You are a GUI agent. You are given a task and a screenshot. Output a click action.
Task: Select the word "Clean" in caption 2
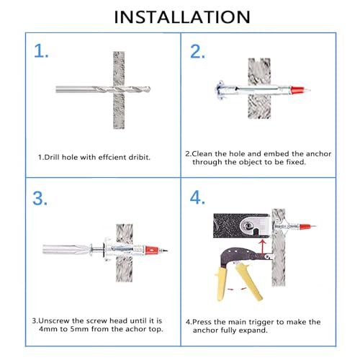tap(202, 153)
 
